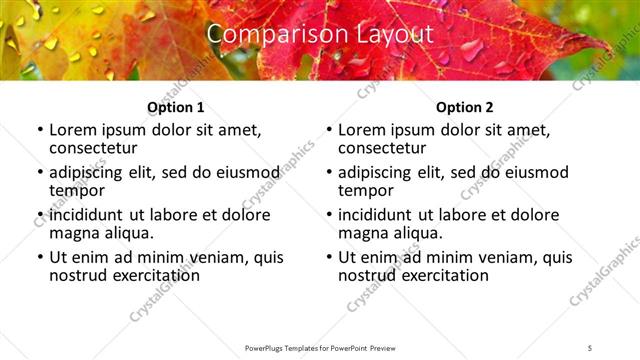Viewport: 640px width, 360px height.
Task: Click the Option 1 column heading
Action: point(175,107)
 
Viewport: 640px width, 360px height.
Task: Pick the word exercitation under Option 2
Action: point(434,274)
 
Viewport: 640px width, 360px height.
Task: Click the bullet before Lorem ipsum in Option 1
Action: point(39,131)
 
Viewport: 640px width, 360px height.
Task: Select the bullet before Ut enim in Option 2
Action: point(328,257)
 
